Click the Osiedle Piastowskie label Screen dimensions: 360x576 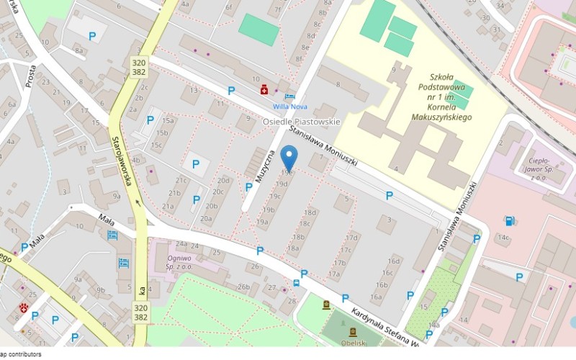(x=301, y=122)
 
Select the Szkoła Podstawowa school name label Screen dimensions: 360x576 (x=439, y=96)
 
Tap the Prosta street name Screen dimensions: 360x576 (x=30, y=76)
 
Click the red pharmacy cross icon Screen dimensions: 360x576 (x=265, y=89)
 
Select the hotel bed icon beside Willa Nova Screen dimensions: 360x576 (x=289, y=96)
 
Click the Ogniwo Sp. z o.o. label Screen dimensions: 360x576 (x=179, y=262)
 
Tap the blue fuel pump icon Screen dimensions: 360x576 (x=510, y=221)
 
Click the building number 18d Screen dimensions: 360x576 (x=310, y=212)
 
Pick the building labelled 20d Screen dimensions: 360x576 (x=223, y=181)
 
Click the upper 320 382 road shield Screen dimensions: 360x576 (x=140, y=68)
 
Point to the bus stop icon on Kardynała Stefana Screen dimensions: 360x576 (x=297, y=283)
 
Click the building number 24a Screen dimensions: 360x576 (x=181, y=244)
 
